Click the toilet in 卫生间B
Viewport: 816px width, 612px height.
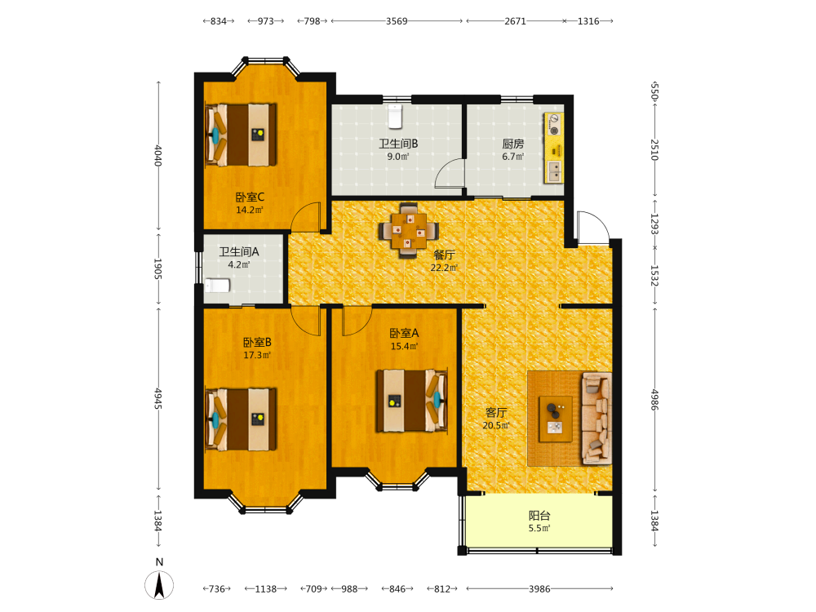tap(395, 116)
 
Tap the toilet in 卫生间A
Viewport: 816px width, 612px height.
tap(217, 286)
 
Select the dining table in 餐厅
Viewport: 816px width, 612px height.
tap(409, 230)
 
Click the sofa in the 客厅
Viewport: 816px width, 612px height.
tap(596, 417)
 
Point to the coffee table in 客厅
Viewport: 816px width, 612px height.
tap(555, 419)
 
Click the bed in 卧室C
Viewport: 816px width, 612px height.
tap(241, 135)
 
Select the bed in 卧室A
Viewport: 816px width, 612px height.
tap(411, 401)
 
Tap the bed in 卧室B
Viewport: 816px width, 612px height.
tap(241, 419)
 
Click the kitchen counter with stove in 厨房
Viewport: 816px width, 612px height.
tap(554, 148)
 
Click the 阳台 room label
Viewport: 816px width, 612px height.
tap(539, 516)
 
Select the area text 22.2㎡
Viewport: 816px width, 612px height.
tap(443, 268)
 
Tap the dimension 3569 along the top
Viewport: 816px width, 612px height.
tap(397, 21)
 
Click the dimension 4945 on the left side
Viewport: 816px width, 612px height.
tap(158, 399)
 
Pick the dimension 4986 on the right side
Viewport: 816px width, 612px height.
tap(654, 400)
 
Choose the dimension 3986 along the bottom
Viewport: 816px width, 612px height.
tap(539, 589)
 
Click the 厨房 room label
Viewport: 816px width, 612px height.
tap(512, 144)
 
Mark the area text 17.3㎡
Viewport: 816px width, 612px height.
tap(257, 356)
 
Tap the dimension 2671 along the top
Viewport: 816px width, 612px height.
tap(515, 21)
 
